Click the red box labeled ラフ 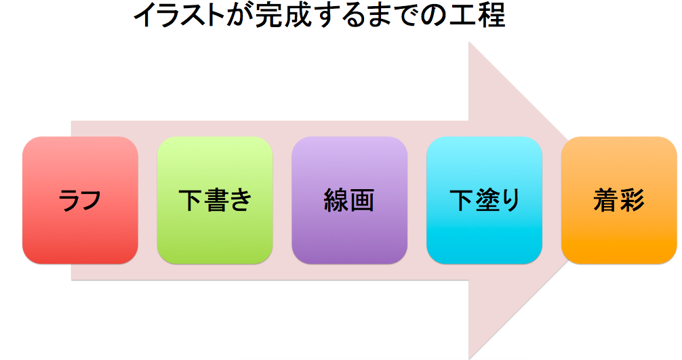(x=80, y=200)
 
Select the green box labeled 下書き (x=215, y=200)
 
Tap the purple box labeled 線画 (x=350, y=200)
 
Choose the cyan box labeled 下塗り (x=484, y=200)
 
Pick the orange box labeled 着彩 (x=619, y=200)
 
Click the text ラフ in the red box (x=79, y=201)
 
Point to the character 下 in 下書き (x=190, y=200)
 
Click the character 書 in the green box (x=216, y=200)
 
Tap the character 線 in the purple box (x=336, y=200)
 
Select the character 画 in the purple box (x=362, y=200)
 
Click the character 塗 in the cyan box (x=485, y=200)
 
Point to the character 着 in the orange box (x=606, y=200)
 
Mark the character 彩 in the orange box (x=632, y=200)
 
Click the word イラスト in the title (x=180, y=16)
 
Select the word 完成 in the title (x=279, y=16)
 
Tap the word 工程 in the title (x=480, y=16)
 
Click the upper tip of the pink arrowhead (x=468, y=42)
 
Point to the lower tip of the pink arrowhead (x=468, y=359)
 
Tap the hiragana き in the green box (x=241, y=201)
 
